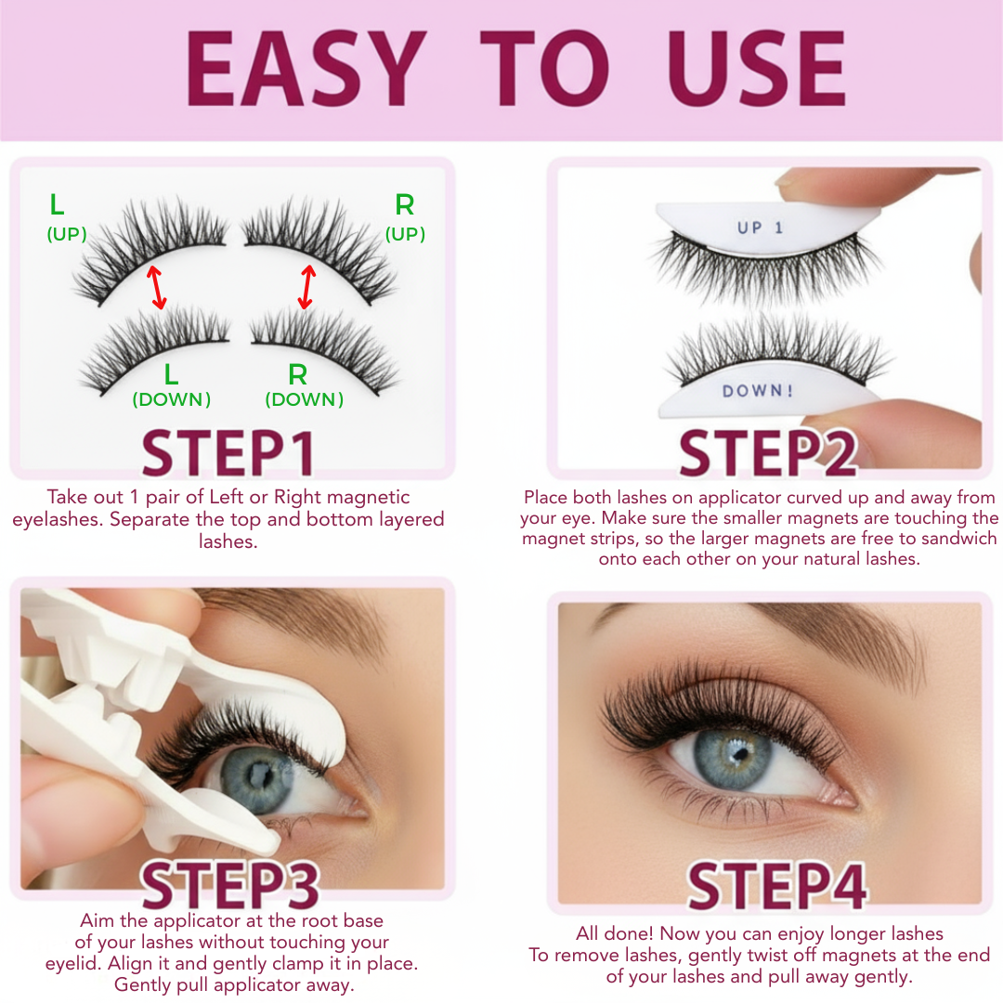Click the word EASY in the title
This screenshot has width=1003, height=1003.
click(306, 71)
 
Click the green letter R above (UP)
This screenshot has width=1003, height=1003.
click(405, 205)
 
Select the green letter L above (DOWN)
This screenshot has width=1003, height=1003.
click(172, 375)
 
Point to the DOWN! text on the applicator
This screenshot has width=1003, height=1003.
click(758, 391)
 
